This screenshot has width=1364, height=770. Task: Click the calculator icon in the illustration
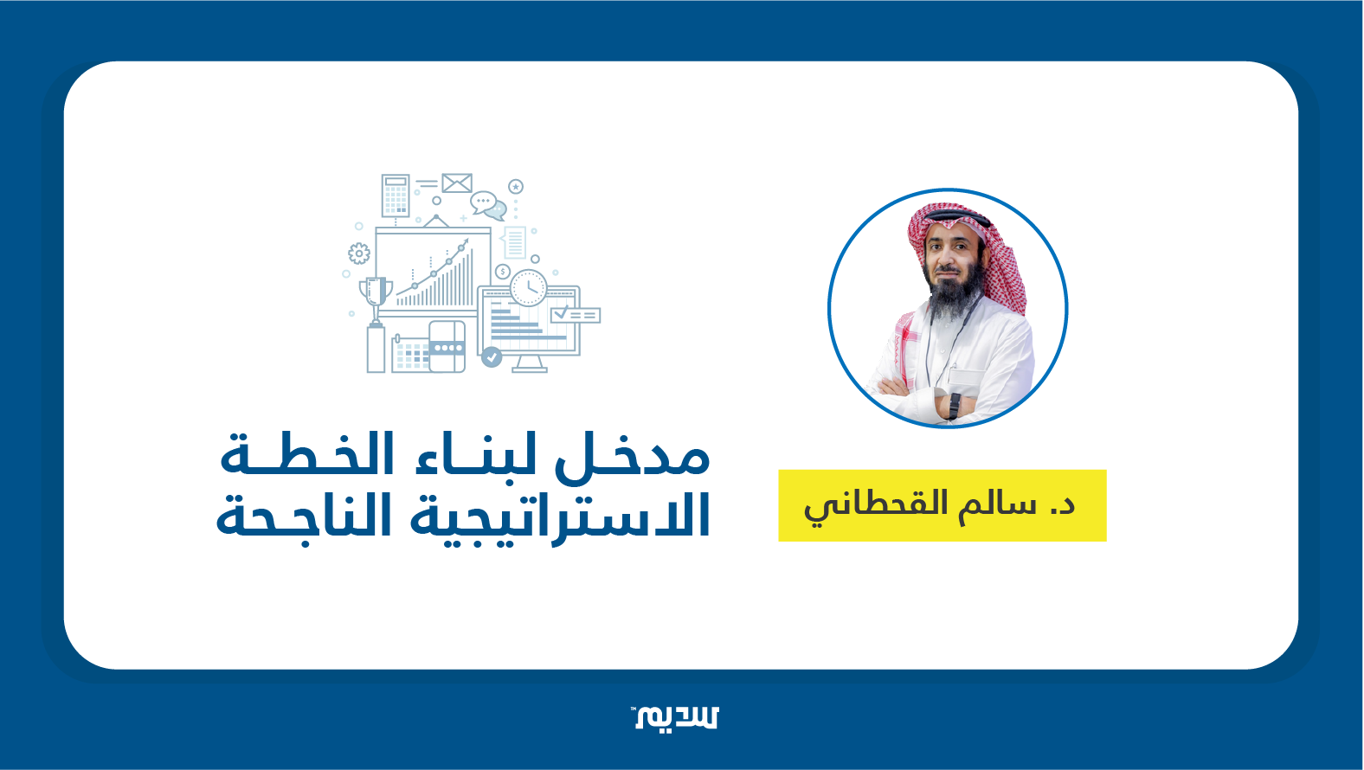pos(396,196)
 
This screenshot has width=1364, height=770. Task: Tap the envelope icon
pos(457,183)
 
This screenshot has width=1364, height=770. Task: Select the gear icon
pos(358,253)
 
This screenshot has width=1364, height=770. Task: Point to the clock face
pos(528,288)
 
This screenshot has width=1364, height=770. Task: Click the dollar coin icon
pos(502,272)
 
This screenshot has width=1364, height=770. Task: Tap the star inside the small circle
pos(516,186)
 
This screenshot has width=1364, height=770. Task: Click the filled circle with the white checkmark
pos(492,357)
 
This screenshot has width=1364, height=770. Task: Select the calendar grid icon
pos(412,354)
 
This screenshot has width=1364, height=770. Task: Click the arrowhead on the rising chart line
pos(465,243)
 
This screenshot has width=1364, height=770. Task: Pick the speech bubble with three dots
pos(484,201)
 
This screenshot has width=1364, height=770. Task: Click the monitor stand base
pos(529,369)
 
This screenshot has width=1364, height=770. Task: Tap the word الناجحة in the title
pos(304,517)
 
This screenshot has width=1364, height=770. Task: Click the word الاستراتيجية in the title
pos(560,517)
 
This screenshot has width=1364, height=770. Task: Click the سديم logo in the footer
pos(675,717)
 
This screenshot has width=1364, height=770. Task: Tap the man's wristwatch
pos(954,406)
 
